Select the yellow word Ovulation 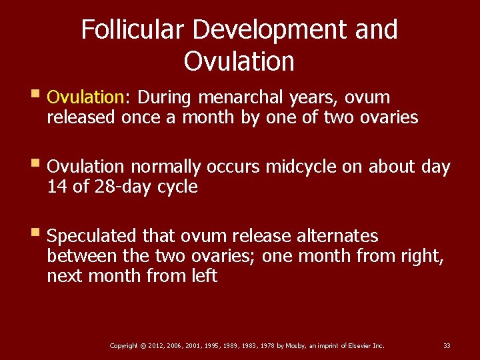tap(86, 97)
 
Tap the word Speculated tap(93, 237)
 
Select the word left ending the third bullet tap(202, 275)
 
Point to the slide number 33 tap(447, 345)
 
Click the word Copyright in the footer tap(123, 345)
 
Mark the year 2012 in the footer tap(155, 345)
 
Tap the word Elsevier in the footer tap(356, 345)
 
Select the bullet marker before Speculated tap(37, 234)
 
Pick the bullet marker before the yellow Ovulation tap(37, 95)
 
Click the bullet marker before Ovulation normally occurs tap(37, 165)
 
